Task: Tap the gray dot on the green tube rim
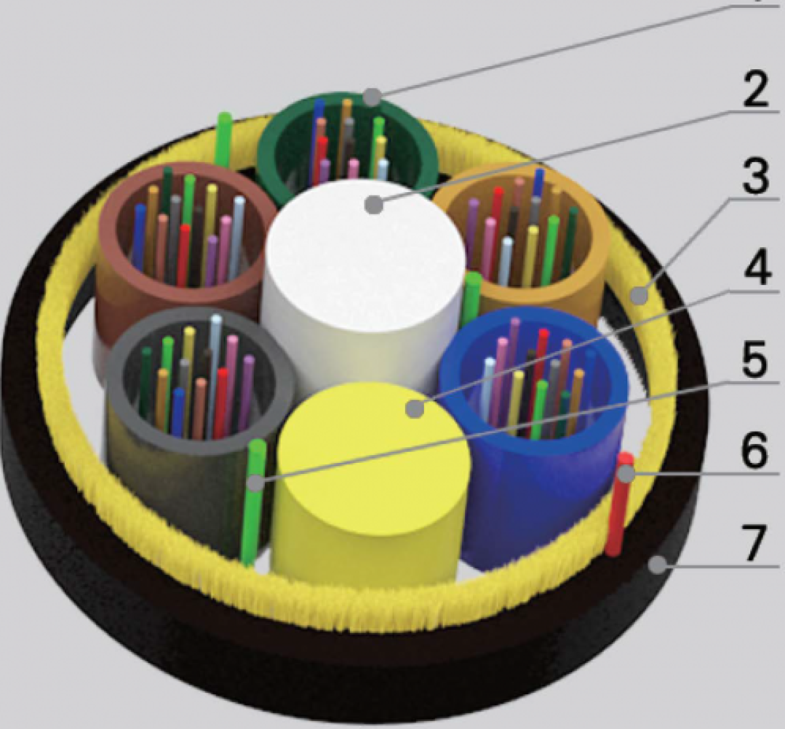372,97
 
